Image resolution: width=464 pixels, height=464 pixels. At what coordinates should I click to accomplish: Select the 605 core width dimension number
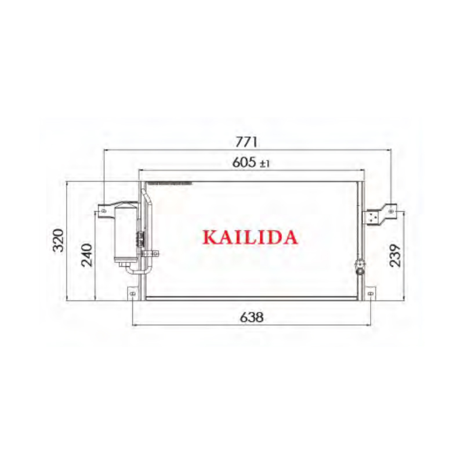click(244, 163)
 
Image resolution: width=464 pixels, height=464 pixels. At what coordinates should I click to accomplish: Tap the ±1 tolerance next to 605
click(264, 164)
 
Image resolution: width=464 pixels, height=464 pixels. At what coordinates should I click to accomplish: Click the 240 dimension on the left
click(87, 255)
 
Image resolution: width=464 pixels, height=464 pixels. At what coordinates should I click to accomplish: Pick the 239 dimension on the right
click(395, 255)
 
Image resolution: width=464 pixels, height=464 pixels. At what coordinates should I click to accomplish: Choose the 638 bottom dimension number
click(251, 317)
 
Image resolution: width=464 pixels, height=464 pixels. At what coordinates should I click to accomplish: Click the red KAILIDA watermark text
click(250, 237)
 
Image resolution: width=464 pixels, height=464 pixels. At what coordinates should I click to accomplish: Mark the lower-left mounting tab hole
click(133, 295)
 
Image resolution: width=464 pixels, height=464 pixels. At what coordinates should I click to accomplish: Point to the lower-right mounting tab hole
click(369, 295)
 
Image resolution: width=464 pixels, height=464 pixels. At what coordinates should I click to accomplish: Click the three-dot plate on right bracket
click(371, 217)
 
